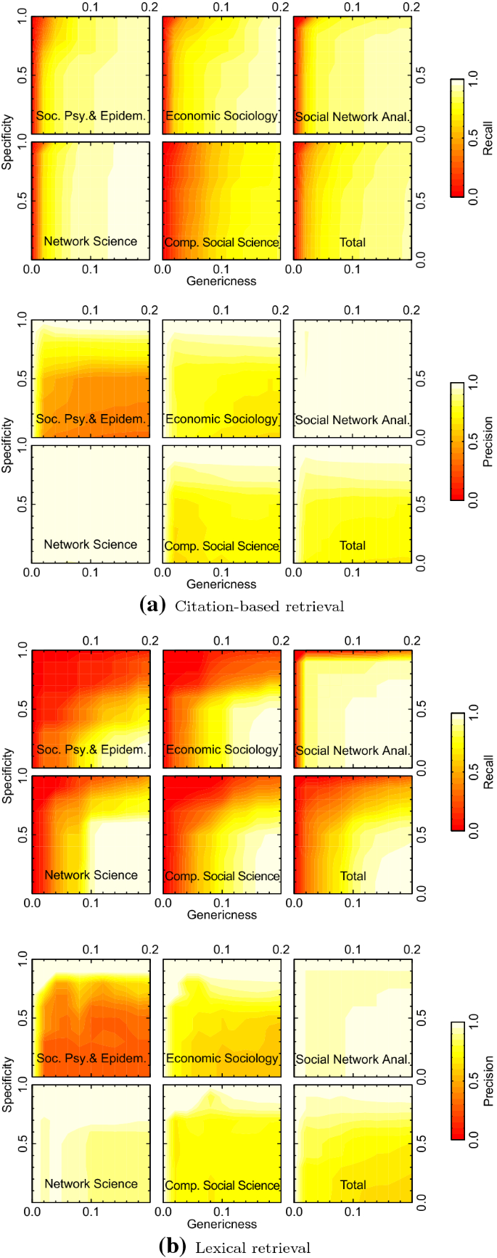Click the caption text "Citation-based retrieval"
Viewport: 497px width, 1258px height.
259,606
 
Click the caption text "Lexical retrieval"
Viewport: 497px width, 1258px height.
252,1247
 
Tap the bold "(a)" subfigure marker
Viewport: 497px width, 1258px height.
153,606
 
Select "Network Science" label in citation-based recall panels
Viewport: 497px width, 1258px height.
91,241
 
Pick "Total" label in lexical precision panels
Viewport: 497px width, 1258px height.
353,1185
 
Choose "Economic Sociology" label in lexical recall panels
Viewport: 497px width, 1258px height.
222,750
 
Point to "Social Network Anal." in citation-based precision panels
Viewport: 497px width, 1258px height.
353,420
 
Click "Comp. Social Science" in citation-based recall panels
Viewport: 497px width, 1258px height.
222,242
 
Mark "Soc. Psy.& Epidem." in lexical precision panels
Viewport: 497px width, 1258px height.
91,1059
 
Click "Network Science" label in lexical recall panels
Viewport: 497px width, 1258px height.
91,875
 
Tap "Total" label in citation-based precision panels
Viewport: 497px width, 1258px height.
353,545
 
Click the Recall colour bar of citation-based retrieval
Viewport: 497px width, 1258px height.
457,138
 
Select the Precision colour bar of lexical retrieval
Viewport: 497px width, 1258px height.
457,1081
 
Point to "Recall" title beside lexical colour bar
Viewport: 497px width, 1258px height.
488,771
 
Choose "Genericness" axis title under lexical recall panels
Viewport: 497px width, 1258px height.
222,915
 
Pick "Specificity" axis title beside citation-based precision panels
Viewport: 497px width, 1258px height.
7,444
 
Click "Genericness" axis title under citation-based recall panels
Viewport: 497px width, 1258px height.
222,281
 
